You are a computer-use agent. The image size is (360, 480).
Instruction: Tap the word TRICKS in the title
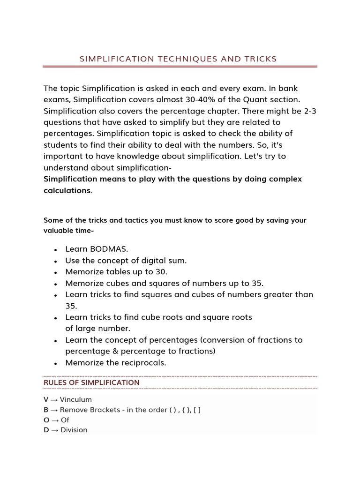[x=260, y=59]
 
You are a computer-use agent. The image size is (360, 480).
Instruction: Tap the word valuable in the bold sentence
[x=61, y=231]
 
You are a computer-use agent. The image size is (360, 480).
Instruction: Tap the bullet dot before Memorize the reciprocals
[x=56, y=363]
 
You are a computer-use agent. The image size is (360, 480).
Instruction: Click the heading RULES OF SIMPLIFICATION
[x=91, y=382]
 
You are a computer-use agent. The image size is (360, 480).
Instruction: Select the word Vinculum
[x=76, y=400]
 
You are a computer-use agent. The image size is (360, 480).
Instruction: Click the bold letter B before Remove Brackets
[x=46, y=410]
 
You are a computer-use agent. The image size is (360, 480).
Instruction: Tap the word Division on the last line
[x=74, y=430]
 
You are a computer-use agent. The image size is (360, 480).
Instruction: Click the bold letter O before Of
[x=46, y=420]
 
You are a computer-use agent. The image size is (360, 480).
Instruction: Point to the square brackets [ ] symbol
[x=197, y=410]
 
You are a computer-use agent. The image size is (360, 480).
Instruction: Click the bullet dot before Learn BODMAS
[x=56, y=250]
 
